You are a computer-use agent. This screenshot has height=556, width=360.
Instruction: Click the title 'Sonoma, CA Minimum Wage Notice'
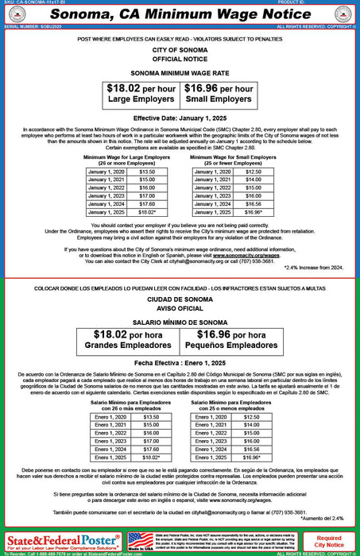180,14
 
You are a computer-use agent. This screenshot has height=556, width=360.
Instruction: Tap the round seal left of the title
17,14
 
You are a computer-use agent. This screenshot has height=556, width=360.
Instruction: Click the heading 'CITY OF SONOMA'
180,51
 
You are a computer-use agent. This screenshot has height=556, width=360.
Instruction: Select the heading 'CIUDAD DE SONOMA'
180,298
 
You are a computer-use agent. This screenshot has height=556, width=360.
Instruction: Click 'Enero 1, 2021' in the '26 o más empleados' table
110,425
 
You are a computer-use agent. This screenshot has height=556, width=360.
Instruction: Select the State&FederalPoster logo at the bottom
59,540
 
